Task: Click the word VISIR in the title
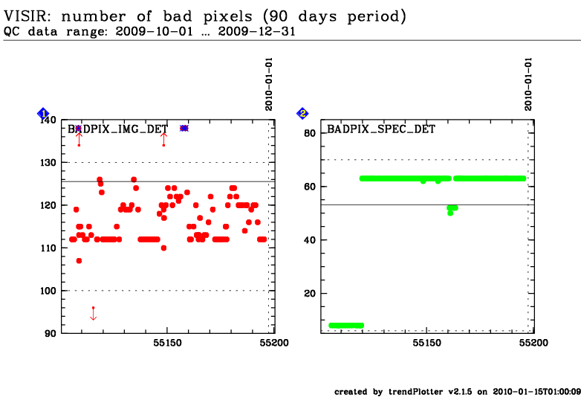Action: point(27,16)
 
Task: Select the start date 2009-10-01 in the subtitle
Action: point(154,31)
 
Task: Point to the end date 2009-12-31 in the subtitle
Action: point(257,31)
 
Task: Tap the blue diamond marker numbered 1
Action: point(43,114)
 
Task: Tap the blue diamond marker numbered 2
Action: point(302,114)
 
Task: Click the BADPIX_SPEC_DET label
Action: point(381,129)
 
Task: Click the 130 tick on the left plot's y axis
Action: point(48,162)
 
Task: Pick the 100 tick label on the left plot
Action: point(48,291)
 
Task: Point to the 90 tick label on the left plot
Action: point(51,333)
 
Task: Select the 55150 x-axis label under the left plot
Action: point(167,343)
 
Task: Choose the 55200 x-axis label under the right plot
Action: point(533,343)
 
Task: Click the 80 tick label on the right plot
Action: point(310,133)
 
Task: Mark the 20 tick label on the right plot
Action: point(310,293)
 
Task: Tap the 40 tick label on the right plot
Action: point(310,240)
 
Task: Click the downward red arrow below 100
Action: point(93,314)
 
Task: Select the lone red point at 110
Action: point(163,248)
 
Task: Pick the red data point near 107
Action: point(79,261)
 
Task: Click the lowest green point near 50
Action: point(450,213)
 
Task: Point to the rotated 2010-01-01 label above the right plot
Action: point(528,84)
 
